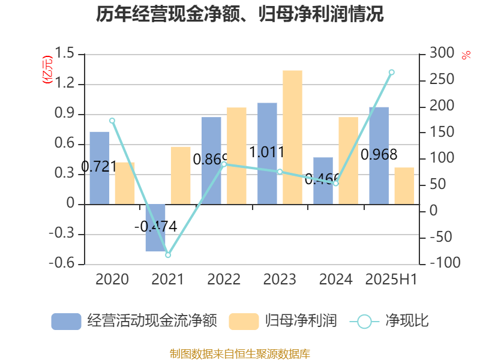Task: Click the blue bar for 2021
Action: coord(155,227)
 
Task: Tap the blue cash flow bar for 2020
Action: coord(100,167)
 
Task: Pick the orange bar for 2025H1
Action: coord(404,185)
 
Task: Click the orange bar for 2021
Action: coord(181,175)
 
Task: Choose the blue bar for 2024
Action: coord(323,181)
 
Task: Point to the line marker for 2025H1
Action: coord(392,72)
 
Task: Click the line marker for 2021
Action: coord(168,255)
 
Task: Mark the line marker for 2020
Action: coord(112,121)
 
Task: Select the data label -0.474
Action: coord(155,226)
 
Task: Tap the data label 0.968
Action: coord(379,155)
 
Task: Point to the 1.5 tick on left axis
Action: coord(67,54)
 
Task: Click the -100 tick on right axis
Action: coord(441,263)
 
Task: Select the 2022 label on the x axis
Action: coord(224,280)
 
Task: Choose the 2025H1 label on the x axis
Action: coord(391,280)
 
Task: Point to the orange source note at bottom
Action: coord(240,354)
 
